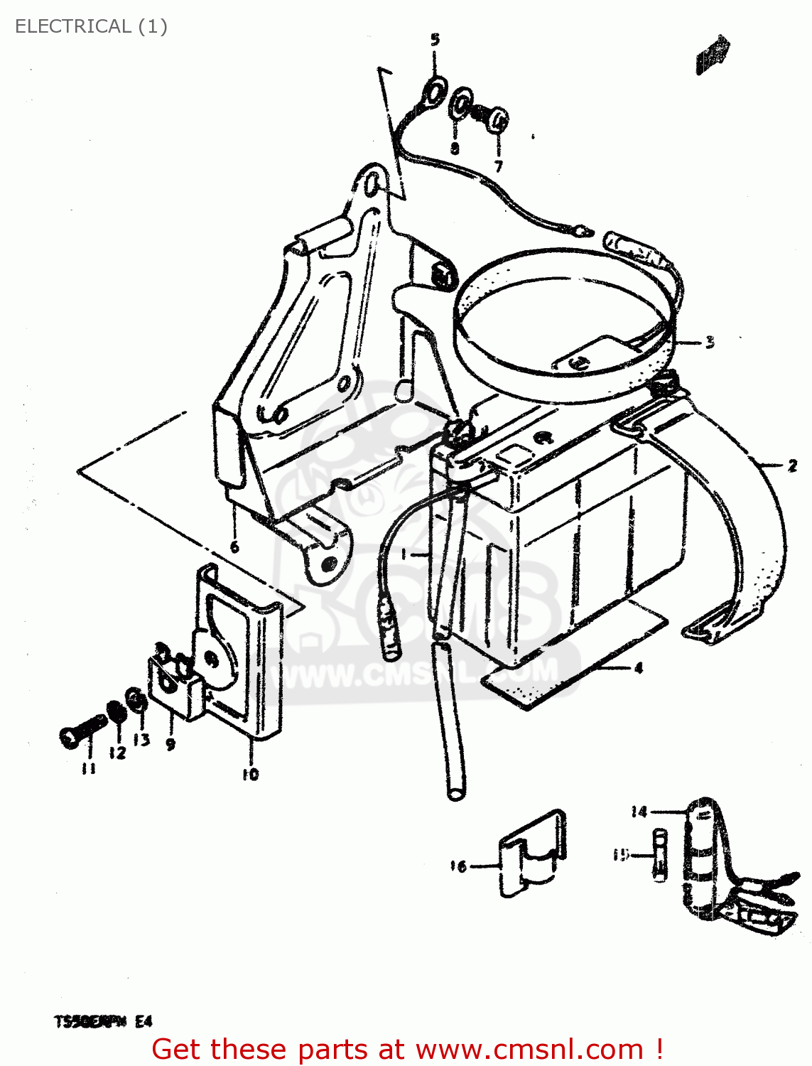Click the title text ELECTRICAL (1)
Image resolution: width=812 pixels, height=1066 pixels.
click(91, 26)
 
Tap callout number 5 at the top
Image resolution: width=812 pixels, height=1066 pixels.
click(435, 40)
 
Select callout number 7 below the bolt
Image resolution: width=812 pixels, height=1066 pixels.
click(499, 166)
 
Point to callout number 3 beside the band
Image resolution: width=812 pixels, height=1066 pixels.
click(709, 343)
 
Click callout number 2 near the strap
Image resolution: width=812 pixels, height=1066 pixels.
click(792, 466)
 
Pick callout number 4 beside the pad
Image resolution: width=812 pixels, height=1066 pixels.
click(638, 668)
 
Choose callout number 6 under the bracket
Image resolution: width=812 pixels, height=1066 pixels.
click(234, 547)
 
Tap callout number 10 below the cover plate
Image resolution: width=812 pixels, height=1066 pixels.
click(250, 775)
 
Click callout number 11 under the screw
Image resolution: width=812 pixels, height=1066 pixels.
click(88, 768)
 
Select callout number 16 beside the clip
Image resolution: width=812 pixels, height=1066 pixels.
click(458, 866)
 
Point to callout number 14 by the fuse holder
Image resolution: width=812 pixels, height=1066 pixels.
click(639, 812)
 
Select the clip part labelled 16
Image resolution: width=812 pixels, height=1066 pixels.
click(533, 853)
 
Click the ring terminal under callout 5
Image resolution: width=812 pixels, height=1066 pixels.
click(433, 90)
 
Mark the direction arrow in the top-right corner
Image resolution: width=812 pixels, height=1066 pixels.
click(713, 55)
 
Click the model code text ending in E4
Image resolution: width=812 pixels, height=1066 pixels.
click(104, 1022)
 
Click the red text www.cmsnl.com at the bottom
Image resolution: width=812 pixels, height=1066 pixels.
click(529, 1050)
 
